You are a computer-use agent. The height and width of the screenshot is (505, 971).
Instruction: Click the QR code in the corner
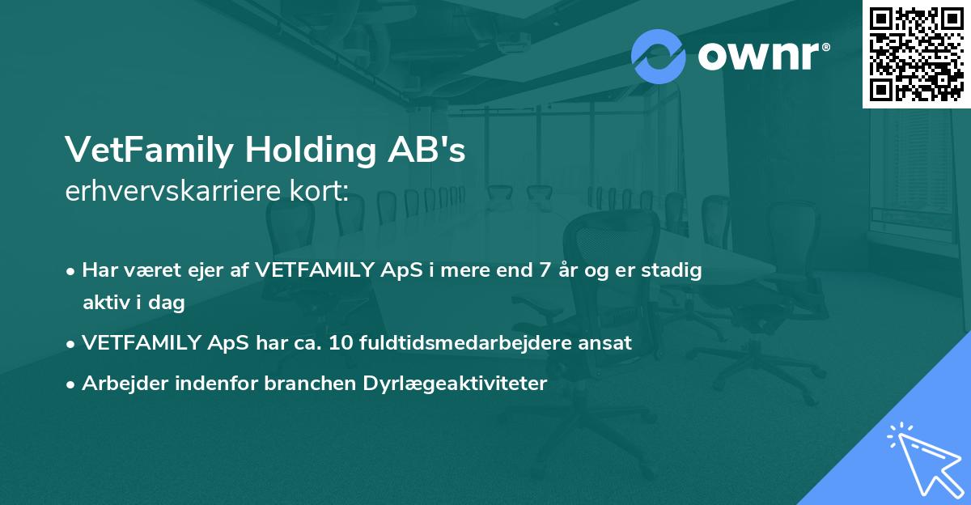(x=917, y=53)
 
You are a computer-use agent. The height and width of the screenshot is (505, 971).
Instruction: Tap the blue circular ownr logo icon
(x=659, y=57)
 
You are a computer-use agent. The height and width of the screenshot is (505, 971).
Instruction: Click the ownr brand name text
(x=763, y=57)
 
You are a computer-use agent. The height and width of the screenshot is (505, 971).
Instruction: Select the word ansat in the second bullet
(x=607, y=342)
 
